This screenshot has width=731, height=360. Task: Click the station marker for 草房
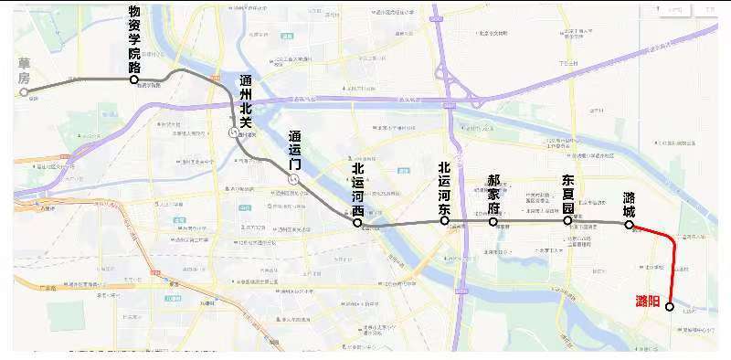pyautogui.click(x=25, y=91)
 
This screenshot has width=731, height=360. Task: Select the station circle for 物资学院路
pyautogui.click(x=134, y=79)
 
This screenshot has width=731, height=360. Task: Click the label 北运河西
pyautogui.click(x=358, y=188)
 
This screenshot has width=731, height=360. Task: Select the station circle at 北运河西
pyautogui.click(x=358, y=222)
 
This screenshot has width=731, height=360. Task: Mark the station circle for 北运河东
pyautogui.click(x=444, y=220)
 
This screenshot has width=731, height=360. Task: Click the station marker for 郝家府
pyautogui.click(x=493, y=221)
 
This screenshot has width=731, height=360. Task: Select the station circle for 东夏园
pyautogui.click(x=567, y=220)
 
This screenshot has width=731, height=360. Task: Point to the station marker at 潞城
pyautogui.click(x=630, y=224)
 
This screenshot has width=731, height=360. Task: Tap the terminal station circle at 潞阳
pyautogui.click(x=670, y=307)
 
